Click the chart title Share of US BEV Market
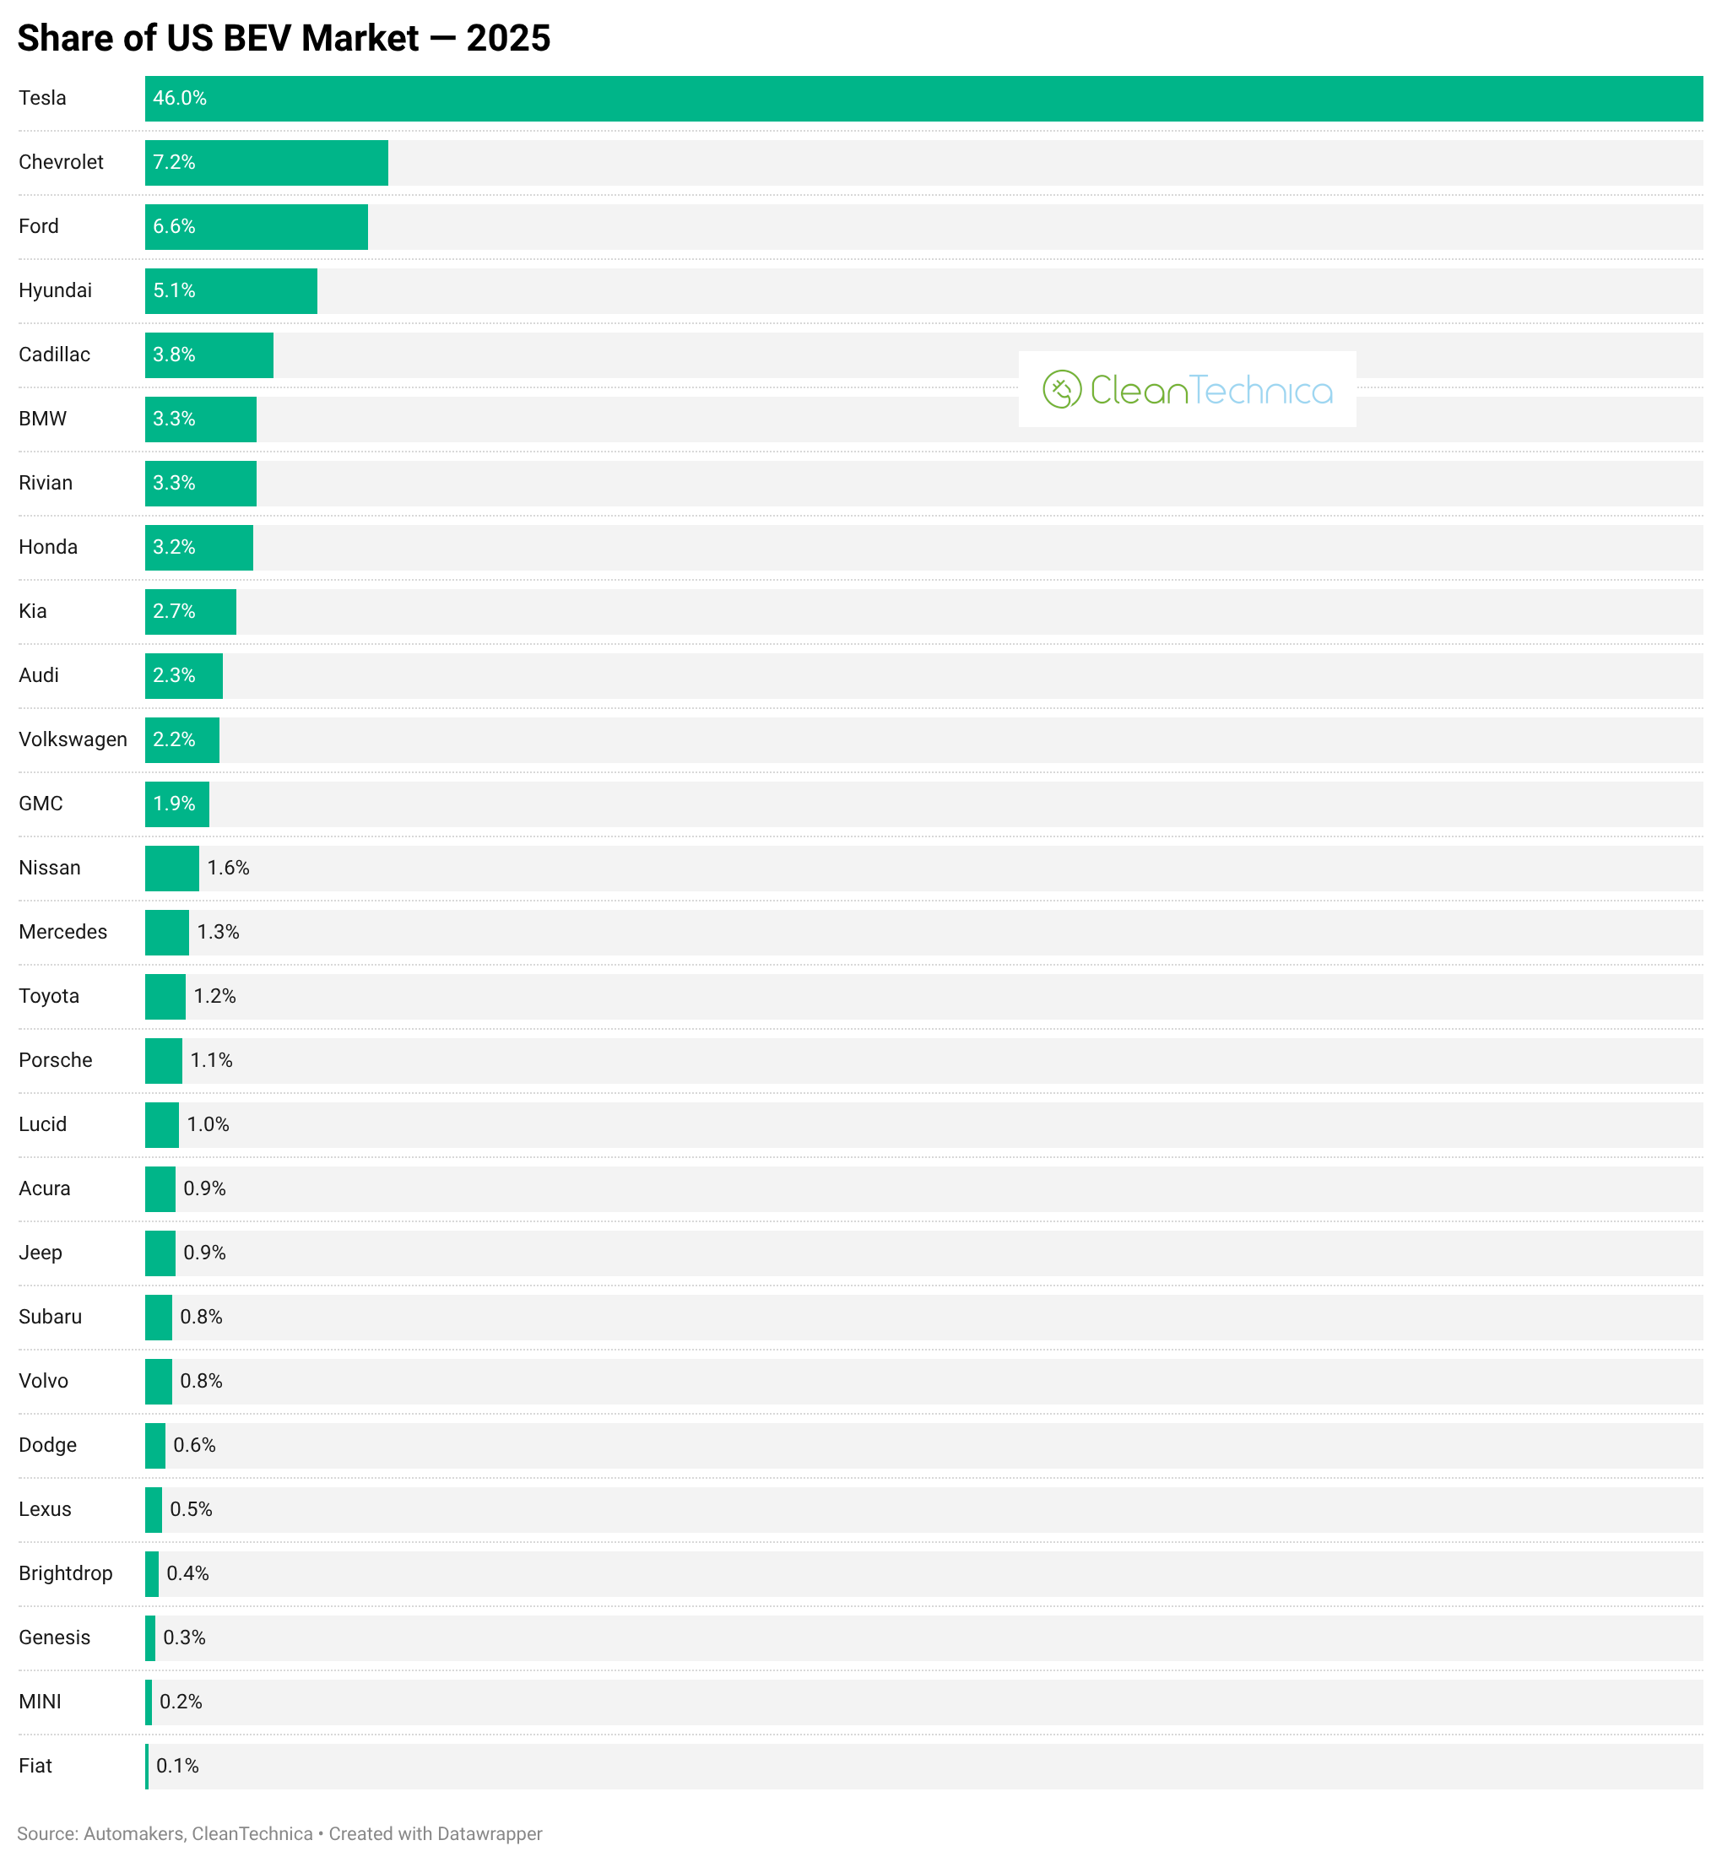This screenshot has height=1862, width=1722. point(284,38)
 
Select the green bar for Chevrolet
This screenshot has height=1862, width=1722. point(267,162)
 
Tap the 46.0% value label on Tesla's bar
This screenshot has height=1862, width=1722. point(180,98)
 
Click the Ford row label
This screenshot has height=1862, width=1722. point(38,226)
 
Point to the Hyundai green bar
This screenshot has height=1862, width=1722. point(231,290)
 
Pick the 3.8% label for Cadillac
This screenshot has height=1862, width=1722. point(174,355)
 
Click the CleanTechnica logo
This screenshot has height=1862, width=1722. point(1186,390)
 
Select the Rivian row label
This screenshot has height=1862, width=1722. point(46,483)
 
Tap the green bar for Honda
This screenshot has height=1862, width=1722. point(198,547)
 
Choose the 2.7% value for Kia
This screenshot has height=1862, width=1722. point(174,611)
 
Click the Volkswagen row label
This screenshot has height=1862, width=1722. point(73,740)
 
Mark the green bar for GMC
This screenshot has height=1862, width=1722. point(177,804)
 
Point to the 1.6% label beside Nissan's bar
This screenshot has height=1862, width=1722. point(228,868)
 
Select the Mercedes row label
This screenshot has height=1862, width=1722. point(62,932)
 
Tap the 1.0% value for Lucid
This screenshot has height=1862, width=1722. point(208,1125)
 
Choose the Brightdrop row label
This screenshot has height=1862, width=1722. point(65,1574)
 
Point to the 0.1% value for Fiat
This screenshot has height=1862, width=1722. point(177,1766)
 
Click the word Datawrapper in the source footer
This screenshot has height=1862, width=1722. point(490,1834)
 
